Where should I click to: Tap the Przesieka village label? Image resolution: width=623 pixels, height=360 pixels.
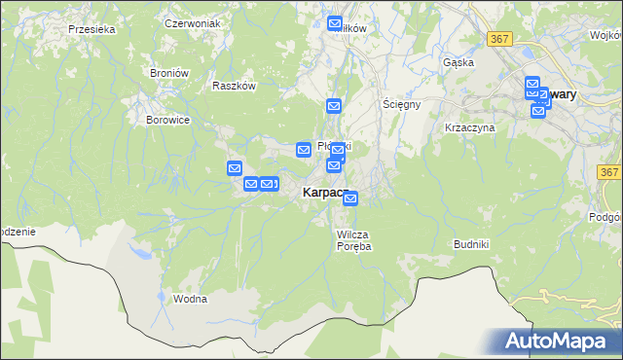(92, 29)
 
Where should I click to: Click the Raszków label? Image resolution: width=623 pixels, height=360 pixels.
(234, 86)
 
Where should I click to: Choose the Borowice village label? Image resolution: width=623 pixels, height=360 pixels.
(167, 120)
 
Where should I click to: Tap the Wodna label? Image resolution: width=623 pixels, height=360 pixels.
(190, 299)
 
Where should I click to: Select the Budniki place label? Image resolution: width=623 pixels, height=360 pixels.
(476, 244)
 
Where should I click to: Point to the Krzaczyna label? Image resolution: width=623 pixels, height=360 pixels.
(470, 127)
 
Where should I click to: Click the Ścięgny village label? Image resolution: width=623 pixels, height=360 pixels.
(401, 103)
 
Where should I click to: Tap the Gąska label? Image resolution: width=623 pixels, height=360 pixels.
(458, 62)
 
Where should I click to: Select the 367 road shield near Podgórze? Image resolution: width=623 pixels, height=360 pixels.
(609, 172)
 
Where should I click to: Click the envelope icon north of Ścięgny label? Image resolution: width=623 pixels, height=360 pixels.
(334, 106)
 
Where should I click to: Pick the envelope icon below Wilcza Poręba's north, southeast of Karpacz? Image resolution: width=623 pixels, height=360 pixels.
(350, 199)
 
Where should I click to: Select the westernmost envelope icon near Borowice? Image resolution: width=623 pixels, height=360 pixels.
(235, 168)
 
